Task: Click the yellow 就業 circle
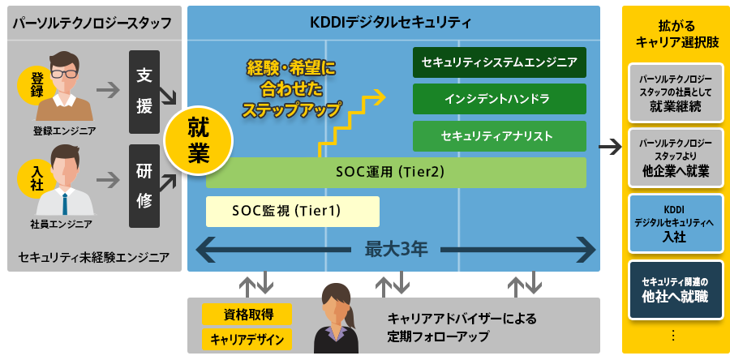pyautogui.click(x=199, y=139)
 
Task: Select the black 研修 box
pyautogui.click(x=144, y=186)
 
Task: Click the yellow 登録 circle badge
pyautogui.click(x=37, y=84)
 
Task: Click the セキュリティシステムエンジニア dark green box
pyautogui.click(x=499, y=62)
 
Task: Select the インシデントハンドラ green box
pyautogui.click(x=499, y=99)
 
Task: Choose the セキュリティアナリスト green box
pyautogui.click(x=499, y=135)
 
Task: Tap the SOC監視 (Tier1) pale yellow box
pyautogui.click(x=292, y=211)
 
